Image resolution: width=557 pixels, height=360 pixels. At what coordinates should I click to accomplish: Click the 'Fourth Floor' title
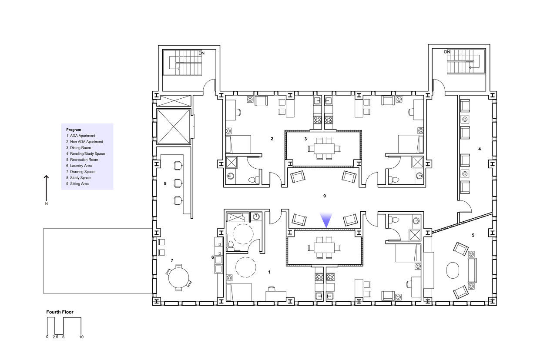click(x=60, y=312)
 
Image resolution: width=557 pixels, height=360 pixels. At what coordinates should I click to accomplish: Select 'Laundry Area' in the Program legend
click(x=81, y=166)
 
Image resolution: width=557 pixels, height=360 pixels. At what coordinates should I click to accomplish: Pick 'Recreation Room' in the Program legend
click(x=84, y=160)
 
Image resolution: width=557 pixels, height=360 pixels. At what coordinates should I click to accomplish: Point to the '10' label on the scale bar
click(x=81, y=337)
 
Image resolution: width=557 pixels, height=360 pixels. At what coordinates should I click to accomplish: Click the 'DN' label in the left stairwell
click(x=201, y=53)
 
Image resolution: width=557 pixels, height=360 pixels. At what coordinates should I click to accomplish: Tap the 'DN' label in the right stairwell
click(x=447, y=52)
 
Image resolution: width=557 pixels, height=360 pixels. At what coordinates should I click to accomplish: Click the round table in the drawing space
click(x=178, y=277)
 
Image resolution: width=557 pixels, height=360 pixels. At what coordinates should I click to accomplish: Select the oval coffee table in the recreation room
click(x=453, y=270)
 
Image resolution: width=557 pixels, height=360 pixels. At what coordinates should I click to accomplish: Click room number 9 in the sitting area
click(x=325, y=196)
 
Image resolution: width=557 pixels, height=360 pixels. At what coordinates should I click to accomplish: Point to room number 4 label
click(x=480, y=149)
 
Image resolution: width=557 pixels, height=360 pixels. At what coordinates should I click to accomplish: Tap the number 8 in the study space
click(x=165, y=183)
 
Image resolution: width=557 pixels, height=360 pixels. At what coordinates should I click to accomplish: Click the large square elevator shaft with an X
click(x=174, y=127)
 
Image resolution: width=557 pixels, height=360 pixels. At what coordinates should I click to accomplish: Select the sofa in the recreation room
click(x=473, y=270)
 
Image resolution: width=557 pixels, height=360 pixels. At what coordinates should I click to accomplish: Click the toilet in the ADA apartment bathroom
click(x=231, y=246)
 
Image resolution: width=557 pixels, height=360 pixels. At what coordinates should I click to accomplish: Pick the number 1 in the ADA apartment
click(x=269, y=272)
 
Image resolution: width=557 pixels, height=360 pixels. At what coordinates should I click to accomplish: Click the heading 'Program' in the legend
click(x=74, y=130)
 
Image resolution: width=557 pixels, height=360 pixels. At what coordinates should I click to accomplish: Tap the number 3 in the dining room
click(x=305, y=139)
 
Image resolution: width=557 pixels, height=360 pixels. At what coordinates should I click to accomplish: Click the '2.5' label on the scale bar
click(x=55, y=337)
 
